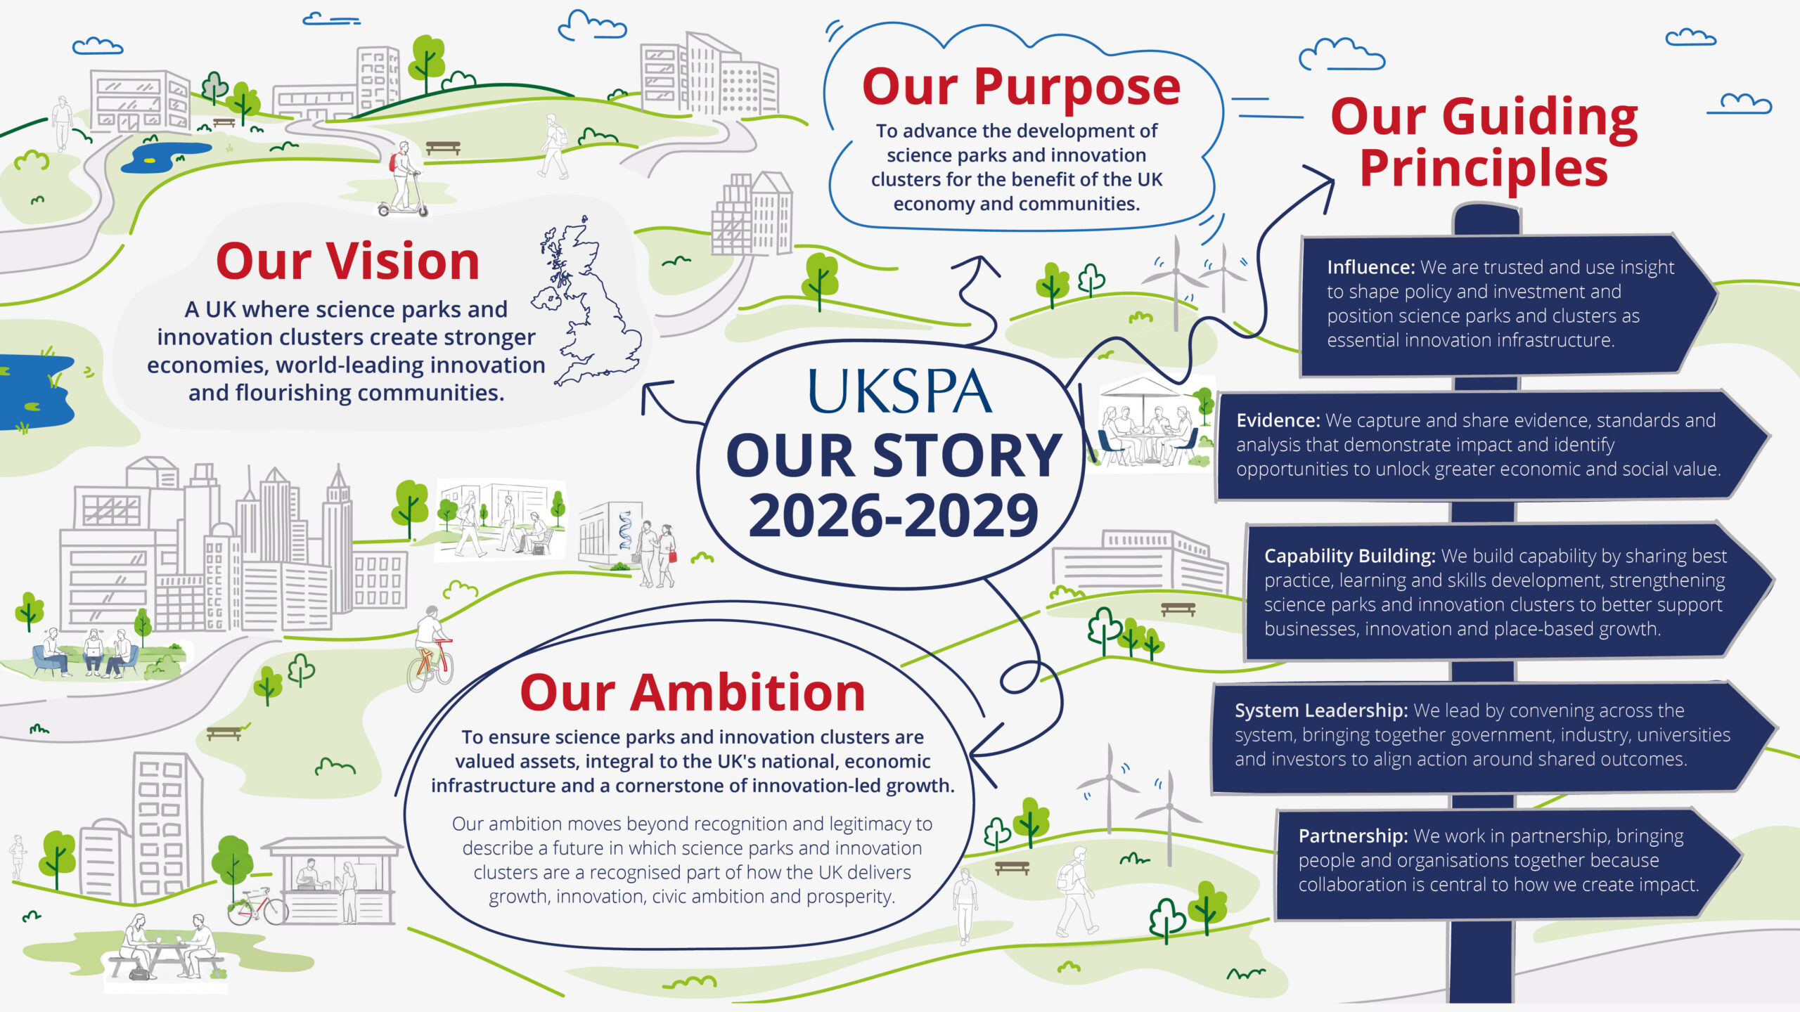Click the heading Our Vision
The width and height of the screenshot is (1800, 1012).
[x=347, y=261]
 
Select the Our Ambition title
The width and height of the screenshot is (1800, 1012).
[x=693, y=693]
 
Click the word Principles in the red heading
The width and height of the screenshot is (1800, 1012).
[x=1484, y=169]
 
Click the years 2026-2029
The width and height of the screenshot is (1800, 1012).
[x=893, y=515]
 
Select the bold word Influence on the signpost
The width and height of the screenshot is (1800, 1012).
[x=1370, y=267]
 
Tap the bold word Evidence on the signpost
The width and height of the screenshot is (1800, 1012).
[x=1278, y=420]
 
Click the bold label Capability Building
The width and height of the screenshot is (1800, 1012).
[x=1349, y=556]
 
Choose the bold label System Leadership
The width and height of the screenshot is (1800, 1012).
[x=1321, y=711]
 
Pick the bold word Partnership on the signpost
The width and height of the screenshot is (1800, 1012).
[x=1353, y=836]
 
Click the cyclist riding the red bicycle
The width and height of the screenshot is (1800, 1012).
[x=430, y=647]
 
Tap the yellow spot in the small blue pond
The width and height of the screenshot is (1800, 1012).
[x=149, y=160]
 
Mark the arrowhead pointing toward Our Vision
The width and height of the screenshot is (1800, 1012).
[x=654, y=394]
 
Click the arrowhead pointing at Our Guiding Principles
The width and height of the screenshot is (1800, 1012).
[x=1320, y=184]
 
